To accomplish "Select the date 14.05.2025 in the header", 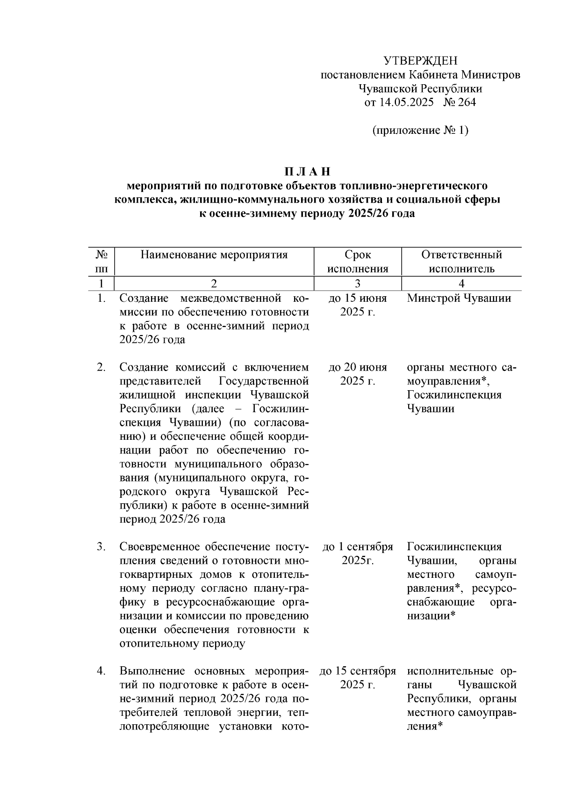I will click(405, 102).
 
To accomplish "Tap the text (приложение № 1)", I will click(420, 130).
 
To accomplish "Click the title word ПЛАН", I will click(308, 171).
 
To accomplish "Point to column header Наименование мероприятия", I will click(214, 255).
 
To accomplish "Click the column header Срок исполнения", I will click(358, 262).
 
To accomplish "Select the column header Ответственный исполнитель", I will click(461, 262).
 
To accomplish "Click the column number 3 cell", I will click(358, 284).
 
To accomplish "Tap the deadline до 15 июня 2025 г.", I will click(358, 305).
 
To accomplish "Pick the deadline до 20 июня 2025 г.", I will click(358, 374).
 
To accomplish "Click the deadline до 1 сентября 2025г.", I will click(358, 553).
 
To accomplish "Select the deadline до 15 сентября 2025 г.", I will click(358, 678).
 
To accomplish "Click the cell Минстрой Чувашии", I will click(459, 299).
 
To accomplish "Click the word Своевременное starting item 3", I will click(153, 546).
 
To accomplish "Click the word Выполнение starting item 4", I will click(148, 671).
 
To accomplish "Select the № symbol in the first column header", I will click(101, 255).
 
